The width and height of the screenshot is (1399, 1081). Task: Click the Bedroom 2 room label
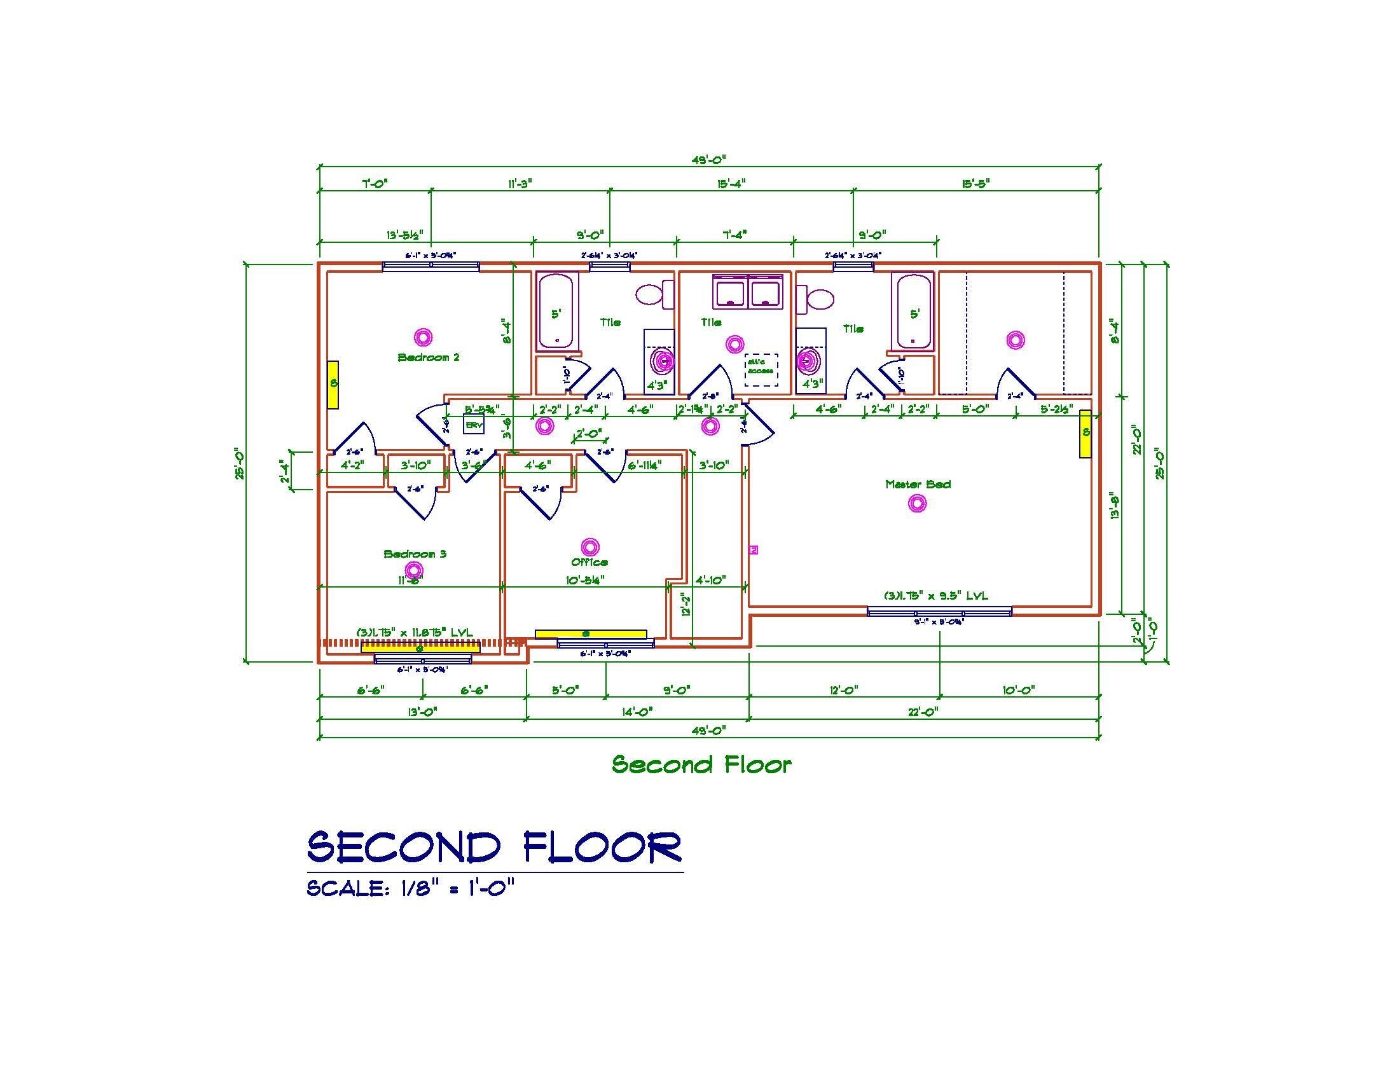(429, 357)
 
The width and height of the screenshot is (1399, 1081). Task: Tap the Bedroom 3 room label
(415, 554)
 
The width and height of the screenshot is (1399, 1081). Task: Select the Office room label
(589, 562)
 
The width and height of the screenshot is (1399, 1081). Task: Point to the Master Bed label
(917, 485)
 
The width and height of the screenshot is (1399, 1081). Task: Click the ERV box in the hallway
(473, 425)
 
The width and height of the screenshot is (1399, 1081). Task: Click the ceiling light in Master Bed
(917, 504)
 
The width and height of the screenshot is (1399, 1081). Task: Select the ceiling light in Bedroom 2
(424, 337)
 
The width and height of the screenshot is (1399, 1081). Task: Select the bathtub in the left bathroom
(557, 312)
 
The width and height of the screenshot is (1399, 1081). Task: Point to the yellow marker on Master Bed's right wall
(1085, 434)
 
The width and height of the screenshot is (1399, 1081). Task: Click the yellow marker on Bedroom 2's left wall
(333, 384)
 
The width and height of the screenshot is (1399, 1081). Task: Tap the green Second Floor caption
(701, 764)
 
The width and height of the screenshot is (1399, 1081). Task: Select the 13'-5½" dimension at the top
(405, 235)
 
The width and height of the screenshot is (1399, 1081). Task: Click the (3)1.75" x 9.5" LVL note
(936, 596)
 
